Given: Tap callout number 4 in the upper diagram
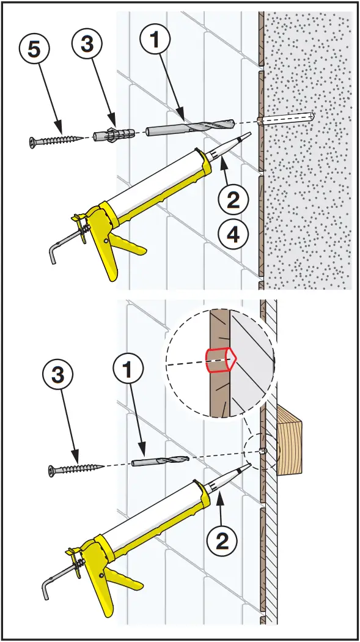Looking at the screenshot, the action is tap(233, 235).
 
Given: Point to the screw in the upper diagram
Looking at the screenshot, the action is tap(57, 139).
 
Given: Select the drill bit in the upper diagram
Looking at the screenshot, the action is tap(190, 127).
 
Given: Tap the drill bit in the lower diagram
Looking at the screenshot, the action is tap(160, 461).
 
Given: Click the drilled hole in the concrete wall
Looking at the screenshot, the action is tap(289, 119).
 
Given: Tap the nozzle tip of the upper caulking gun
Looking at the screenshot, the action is tap(248, 136).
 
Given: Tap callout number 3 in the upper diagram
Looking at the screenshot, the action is tap(87, 43).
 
